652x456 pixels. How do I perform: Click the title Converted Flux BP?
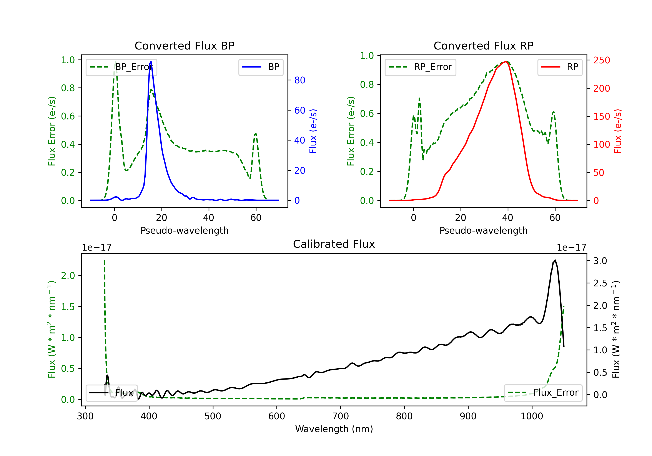pyautogui.click(x=185, y=46)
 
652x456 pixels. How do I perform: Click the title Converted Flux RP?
pyautogui.click(x=484, y=46)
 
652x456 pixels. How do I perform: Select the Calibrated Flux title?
pyautogui.click(x=334, y=244)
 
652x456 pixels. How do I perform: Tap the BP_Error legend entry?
pyautogui.click(x=121, y=67)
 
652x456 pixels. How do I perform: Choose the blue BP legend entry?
pyautogui.click(x=261, y=67)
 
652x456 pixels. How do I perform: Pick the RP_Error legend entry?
pyautogui.click(x=420, y=67)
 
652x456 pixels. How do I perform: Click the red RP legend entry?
pyautogui.click(x=560, y=67)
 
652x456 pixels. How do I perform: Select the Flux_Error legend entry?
pyautogui.click(x=543, y=393)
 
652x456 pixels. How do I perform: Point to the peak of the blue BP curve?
pyautogui.click(x=151, y=62)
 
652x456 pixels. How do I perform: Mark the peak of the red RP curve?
pyautogui.click(x=506, y=62)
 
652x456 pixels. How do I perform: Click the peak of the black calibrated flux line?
pyautogui.click(x=555, y=260)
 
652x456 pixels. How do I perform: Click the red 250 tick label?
pyautogui.click(x=601, y=60)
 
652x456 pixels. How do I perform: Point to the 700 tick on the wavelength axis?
pyautogui.click(x=341, y=416)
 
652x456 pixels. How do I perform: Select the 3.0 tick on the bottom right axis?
pyautogui.click(x=600, y=261)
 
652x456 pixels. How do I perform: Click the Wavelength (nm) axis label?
pyautogui.click(x=334, y=429)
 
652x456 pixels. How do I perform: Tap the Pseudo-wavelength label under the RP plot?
pyautogui.click(x=484, y=230)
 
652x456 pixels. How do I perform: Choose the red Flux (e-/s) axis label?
pyautogui.click(x=618, y=131)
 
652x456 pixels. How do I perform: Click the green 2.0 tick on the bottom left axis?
pyautogui.click(x=68, y=276)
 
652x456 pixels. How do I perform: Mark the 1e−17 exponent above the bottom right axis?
pyautogui.click(x=571, y=248)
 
